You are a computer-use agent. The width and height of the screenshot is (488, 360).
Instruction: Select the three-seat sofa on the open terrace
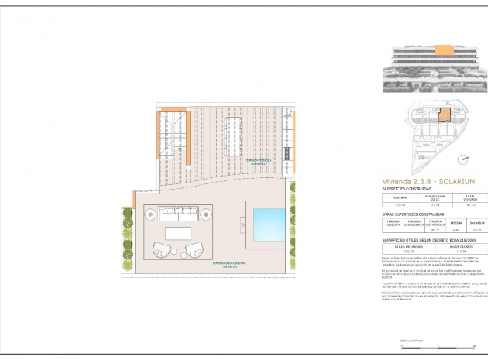click(179, 214)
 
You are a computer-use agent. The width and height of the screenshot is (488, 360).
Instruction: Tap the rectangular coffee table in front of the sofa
click(179, 233)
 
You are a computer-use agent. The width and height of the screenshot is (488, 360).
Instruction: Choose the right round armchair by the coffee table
click(194, 250)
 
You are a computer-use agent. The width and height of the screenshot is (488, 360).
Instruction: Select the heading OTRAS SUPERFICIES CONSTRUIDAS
click(420, 213)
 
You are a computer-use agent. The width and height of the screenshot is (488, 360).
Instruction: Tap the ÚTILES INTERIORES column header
click(402, 248)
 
